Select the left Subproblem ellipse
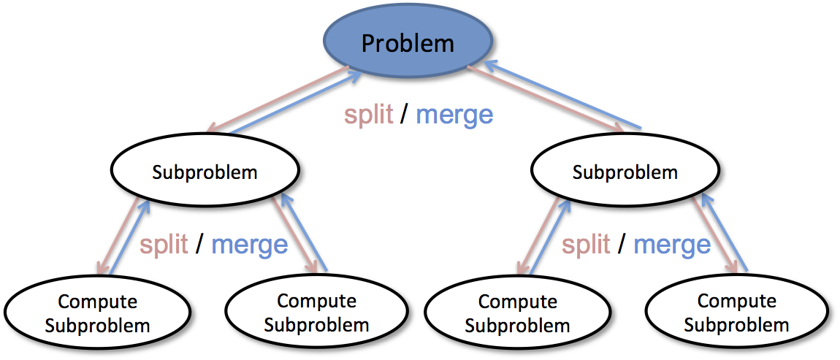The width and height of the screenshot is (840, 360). tap(205, 172)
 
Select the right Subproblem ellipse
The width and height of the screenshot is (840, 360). tap(625, 172)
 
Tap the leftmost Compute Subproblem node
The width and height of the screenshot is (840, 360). tap(97, 313)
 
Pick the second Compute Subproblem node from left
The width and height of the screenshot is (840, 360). tap(316, 312)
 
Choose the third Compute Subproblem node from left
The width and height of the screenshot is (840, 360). tap(517, 313)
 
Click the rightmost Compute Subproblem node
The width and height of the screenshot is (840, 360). tap(736, 312)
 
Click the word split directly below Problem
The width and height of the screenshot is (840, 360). tap(369, 115)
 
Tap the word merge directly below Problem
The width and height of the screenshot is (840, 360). tap(454, 115)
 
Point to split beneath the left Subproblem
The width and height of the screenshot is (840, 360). tap(165, 244)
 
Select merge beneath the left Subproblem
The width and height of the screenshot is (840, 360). tap(250, 244)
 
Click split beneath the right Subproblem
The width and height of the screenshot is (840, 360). tap(586, 244)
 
